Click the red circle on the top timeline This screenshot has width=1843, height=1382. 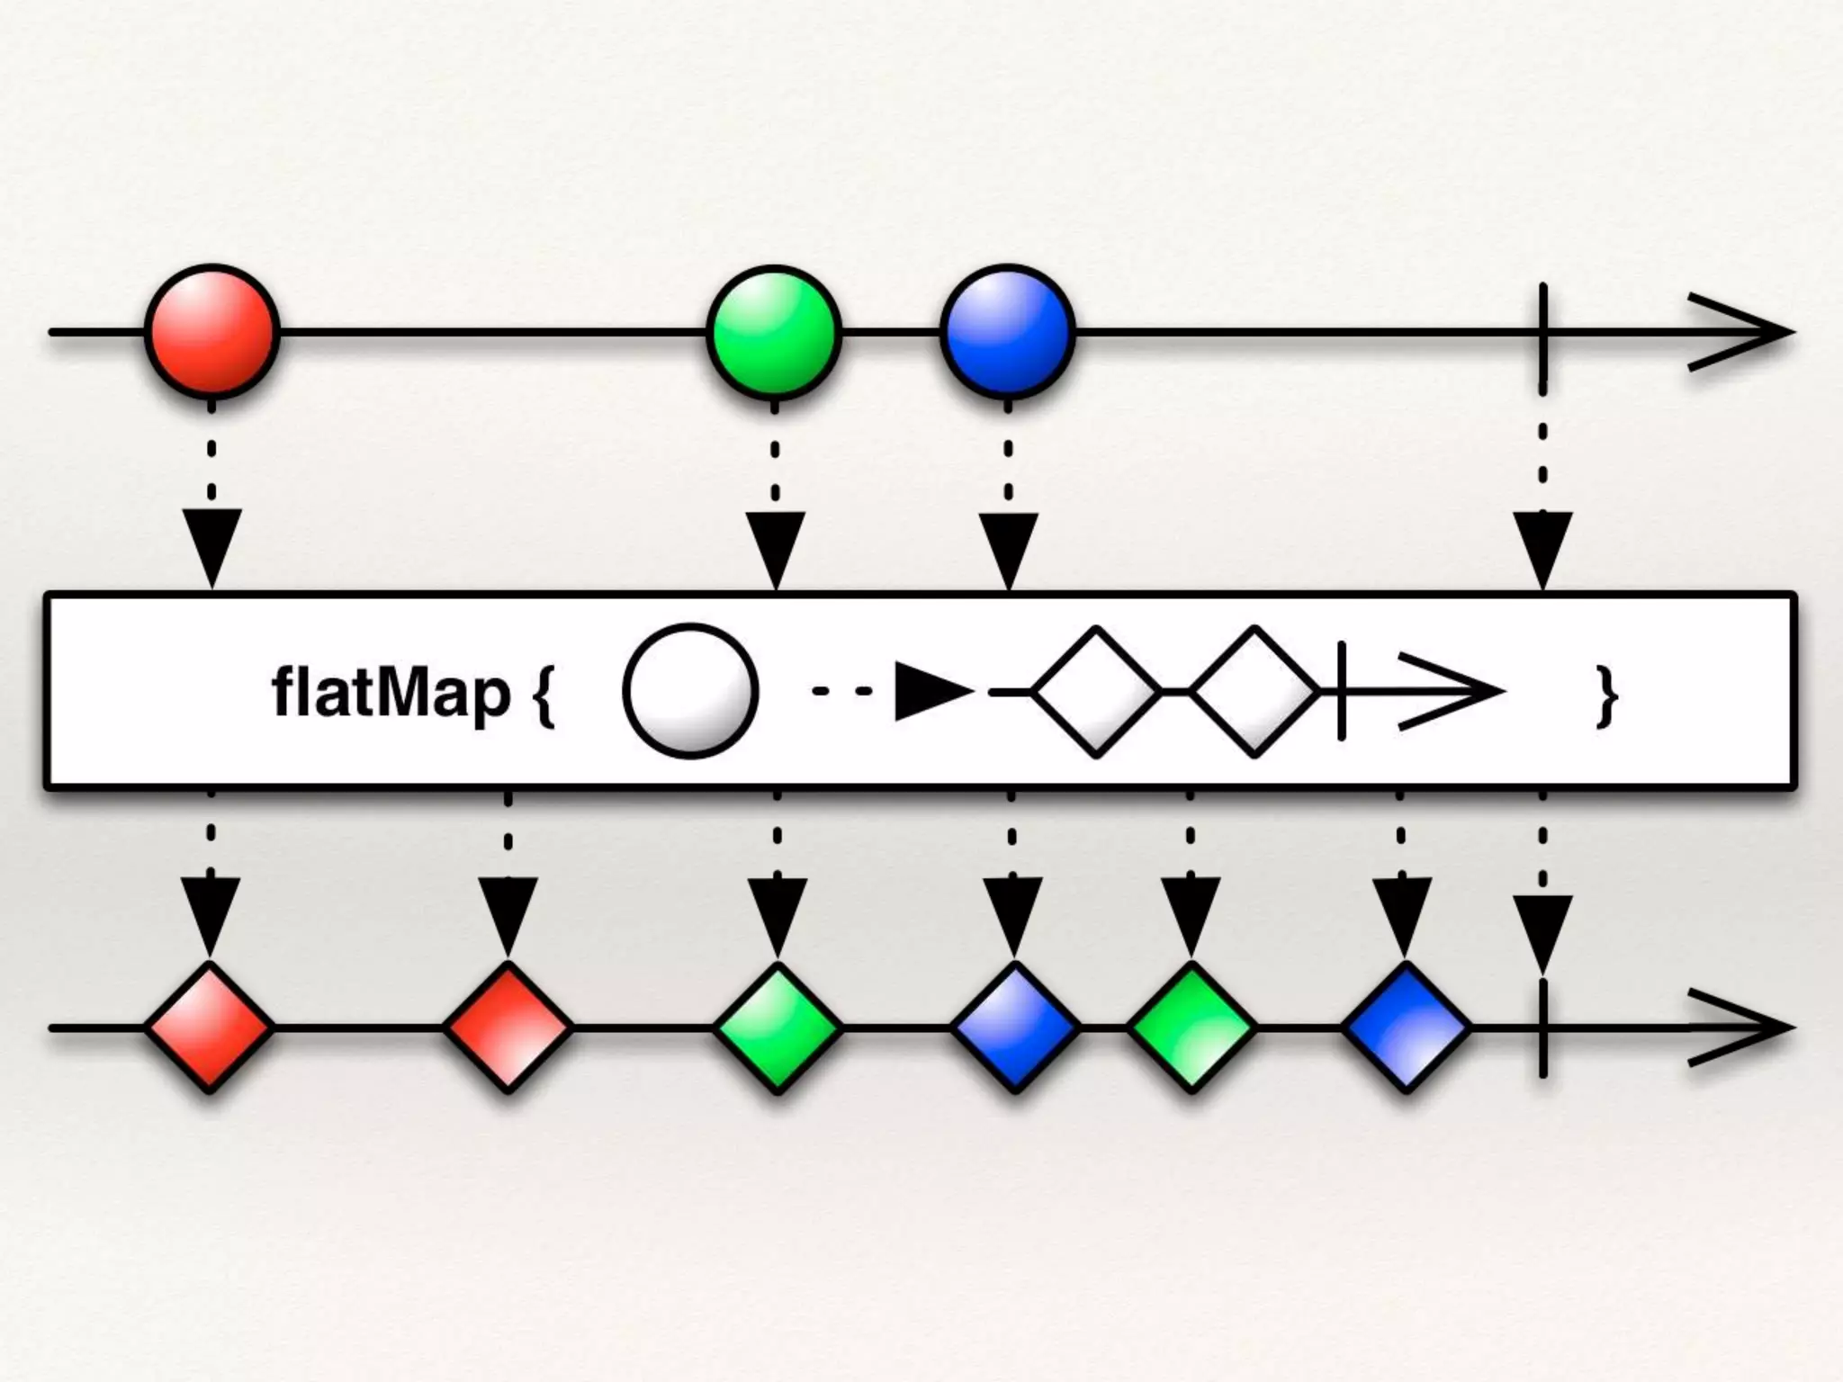pos(212,331)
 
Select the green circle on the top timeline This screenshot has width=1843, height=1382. pos(774,331)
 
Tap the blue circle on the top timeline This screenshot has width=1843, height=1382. pos(1008,331)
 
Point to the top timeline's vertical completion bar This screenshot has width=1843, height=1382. pos(1543,331)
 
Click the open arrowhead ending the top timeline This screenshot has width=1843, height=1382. pos(1741,332)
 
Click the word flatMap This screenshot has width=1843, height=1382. pos(391,693)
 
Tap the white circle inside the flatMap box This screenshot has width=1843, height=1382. pos(690,691)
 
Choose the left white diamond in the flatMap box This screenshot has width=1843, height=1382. pos(1096,691)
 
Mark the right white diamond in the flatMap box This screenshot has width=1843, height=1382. pos(1254,691)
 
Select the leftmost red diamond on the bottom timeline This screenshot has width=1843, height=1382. pos(210,1027)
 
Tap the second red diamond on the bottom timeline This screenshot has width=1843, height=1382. pos(508,1027)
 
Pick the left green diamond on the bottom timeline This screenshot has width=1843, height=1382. pos(778,1027)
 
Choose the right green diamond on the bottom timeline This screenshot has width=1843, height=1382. pos(1191,1027)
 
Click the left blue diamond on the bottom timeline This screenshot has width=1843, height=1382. pos(1014,1027)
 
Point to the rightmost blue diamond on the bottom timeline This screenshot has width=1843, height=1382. pos(1405,1027)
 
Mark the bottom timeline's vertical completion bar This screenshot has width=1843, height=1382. pos(1543,1027)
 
